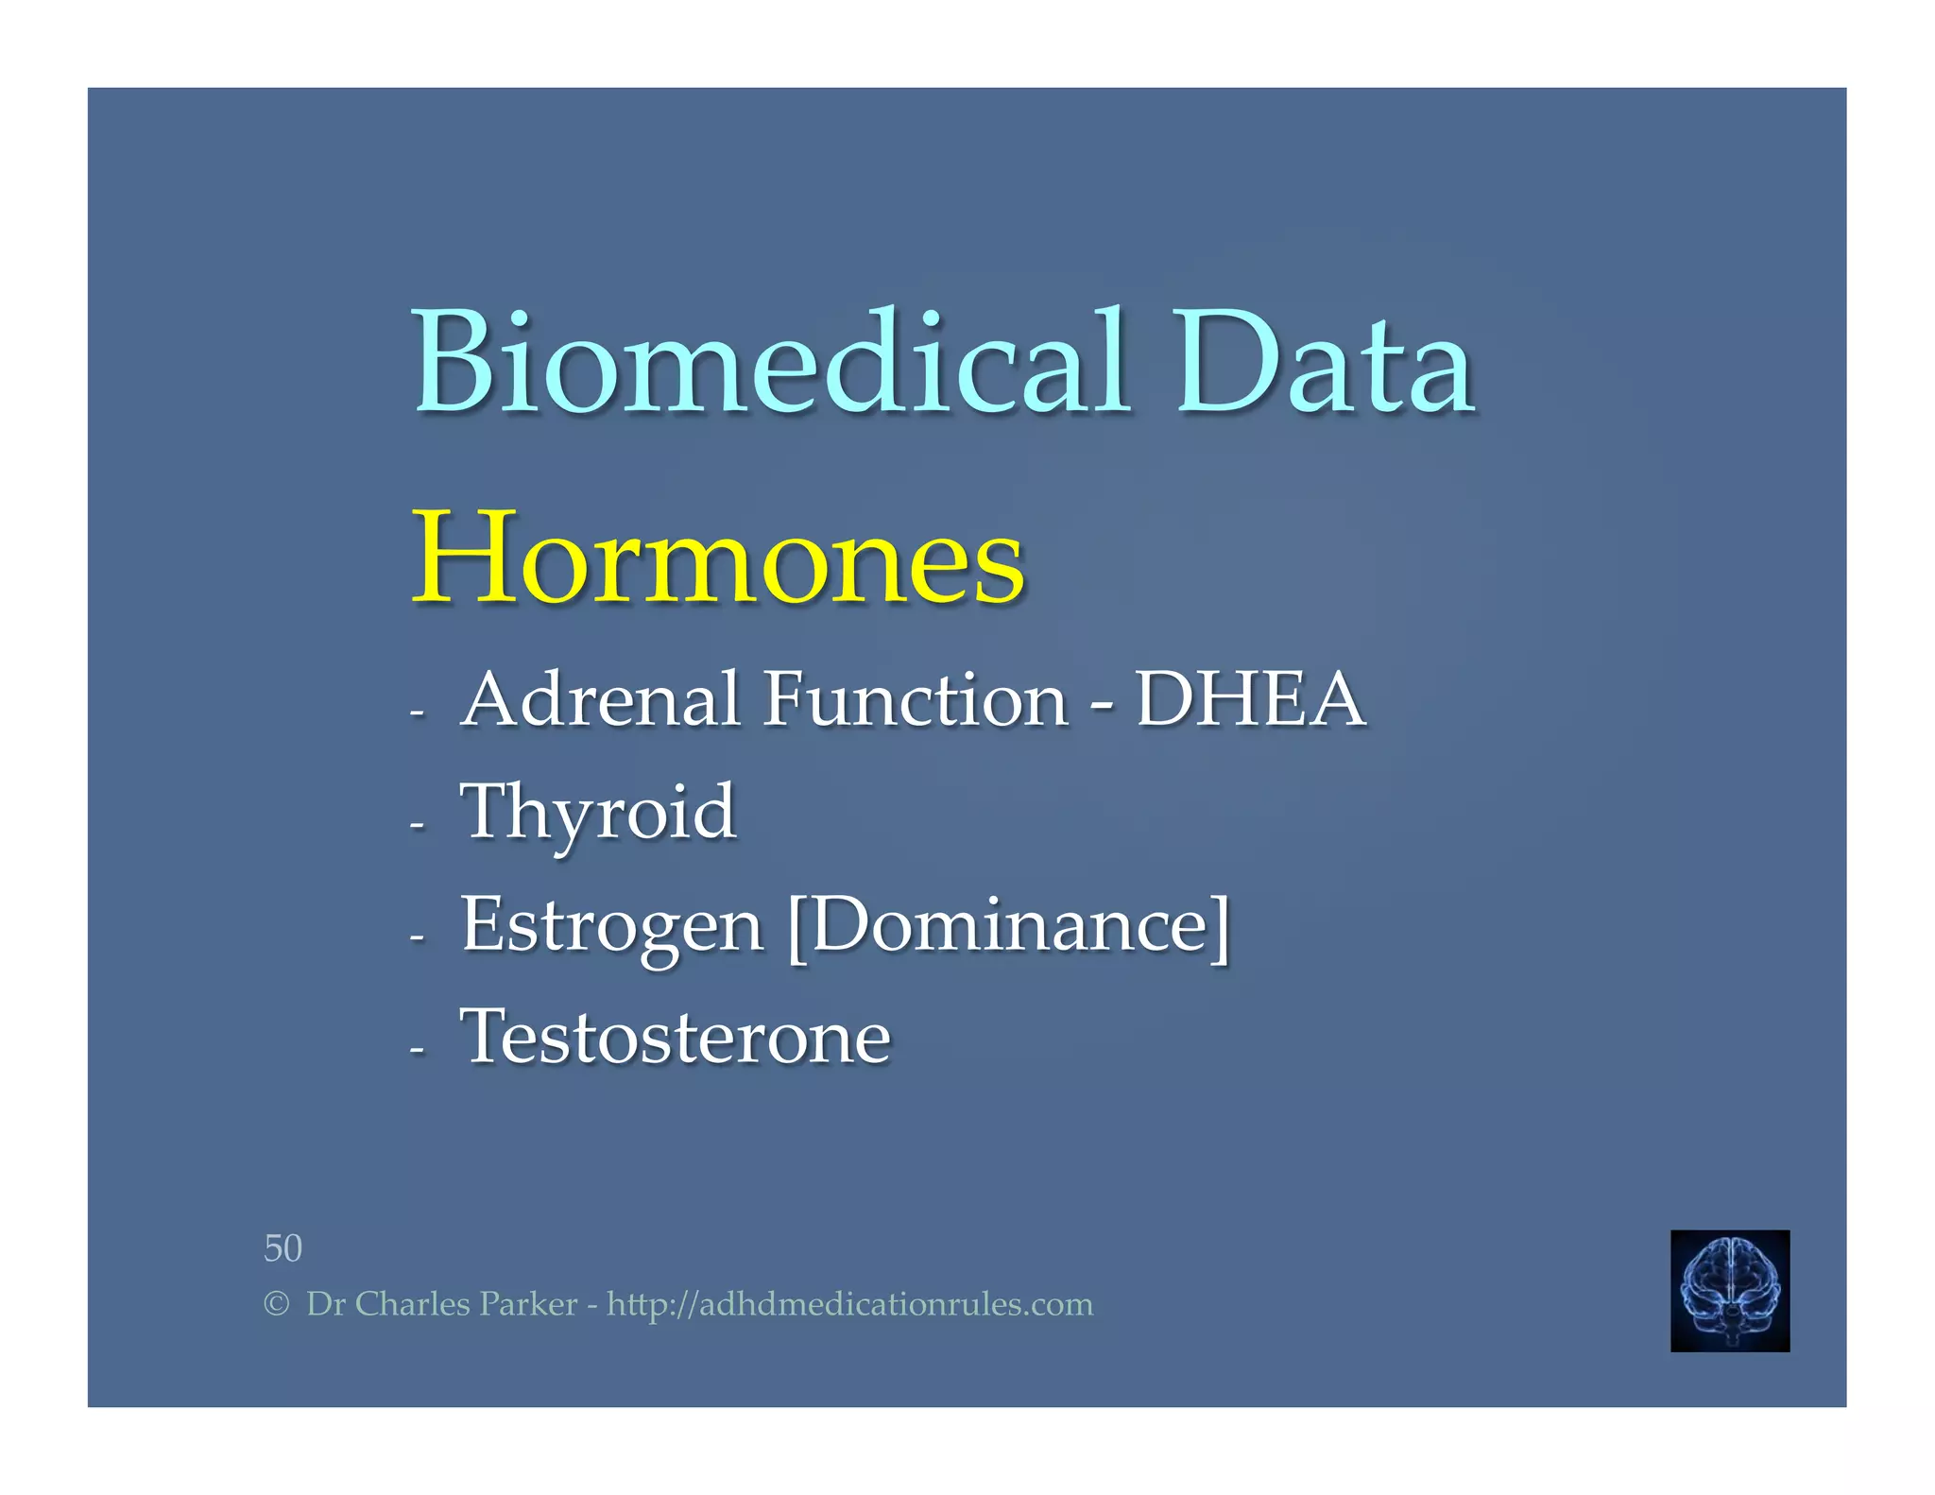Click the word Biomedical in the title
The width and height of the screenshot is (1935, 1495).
(x=770, y=364)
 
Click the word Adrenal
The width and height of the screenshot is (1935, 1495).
(x=601, y=700)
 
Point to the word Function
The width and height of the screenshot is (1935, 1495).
(x=916, y=700)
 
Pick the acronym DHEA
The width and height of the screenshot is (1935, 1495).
(x=1250, y=700)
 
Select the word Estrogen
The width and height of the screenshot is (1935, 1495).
(x=611, y=926)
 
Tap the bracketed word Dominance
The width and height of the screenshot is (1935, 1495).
(x=1009, y=926)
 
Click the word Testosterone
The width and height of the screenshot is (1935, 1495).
(x=675, y=1038)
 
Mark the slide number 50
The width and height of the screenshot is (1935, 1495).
(x=283, y=1248)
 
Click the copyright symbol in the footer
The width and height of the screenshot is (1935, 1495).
(x=275, y=1305)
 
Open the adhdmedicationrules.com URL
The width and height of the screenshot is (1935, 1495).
(x=849, y=1305)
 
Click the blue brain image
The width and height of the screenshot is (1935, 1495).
(x=1729, y=1290)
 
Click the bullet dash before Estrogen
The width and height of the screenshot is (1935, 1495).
(x=418, y=938)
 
